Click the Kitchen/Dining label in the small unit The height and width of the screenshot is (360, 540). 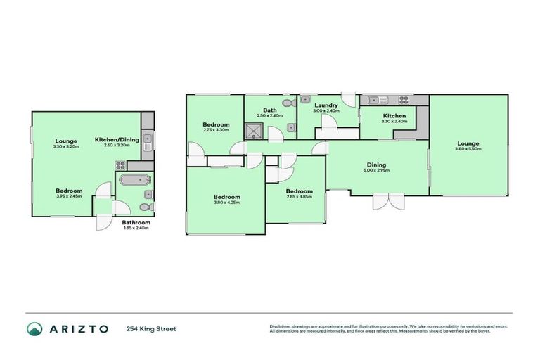(x=117, y=139)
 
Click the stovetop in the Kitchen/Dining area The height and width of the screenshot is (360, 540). (x=120, y=166)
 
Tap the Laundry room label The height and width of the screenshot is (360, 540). (x=326, y=105)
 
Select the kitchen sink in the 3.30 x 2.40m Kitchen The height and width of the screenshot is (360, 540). (x=375, y=100)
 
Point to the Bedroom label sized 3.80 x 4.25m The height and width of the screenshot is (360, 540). (x=226, y=197)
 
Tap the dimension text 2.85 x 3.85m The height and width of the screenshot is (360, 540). (x=300, y=197)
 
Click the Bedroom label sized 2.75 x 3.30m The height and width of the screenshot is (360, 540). (x=217, y=124)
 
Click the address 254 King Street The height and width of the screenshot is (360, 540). (x=150, y=328)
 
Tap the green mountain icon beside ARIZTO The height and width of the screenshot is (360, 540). (x=34, y=328)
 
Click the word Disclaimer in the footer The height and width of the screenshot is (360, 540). (x=281, y=326)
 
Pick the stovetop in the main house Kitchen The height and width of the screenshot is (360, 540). (x=404, y=100)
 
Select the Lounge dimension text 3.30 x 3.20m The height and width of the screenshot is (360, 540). (x=66, y=146)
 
